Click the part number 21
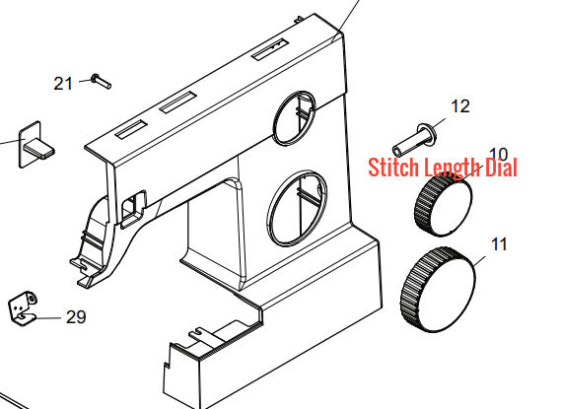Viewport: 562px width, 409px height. pos(63,84)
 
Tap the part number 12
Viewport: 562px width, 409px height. pos(460,106)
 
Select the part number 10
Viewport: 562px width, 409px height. pos(498,155)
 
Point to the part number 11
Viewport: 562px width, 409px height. pos(499,244)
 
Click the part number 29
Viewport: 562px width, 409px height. pos(76,317)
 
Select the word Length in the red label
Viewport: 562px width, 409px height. pos(452,169)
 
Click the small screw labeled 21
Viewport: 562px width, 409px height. pos(102,81)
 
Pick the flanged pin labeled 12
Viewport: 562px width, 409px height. pos(415,140)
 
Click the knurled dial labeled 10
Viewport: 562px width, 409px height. pos(444,205)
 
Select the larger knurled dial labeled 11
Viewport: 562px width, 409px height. pos(438,290)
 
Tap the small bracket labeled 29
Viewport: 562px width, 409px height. pos(23,308)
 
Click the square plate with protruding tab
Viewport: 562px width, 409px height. pos(35,145)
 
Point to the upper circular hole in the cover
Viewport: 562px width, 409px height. pos(295,118)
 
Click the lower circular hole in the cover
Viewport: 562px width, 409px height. pos(297,209)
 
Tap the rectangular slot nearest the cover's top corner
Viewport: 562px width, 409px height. pos(270,48)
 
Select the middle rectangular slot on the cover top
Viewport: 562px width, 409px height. pos(178,102)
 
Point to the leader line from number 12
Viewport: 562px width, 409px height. pos(439,123)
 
